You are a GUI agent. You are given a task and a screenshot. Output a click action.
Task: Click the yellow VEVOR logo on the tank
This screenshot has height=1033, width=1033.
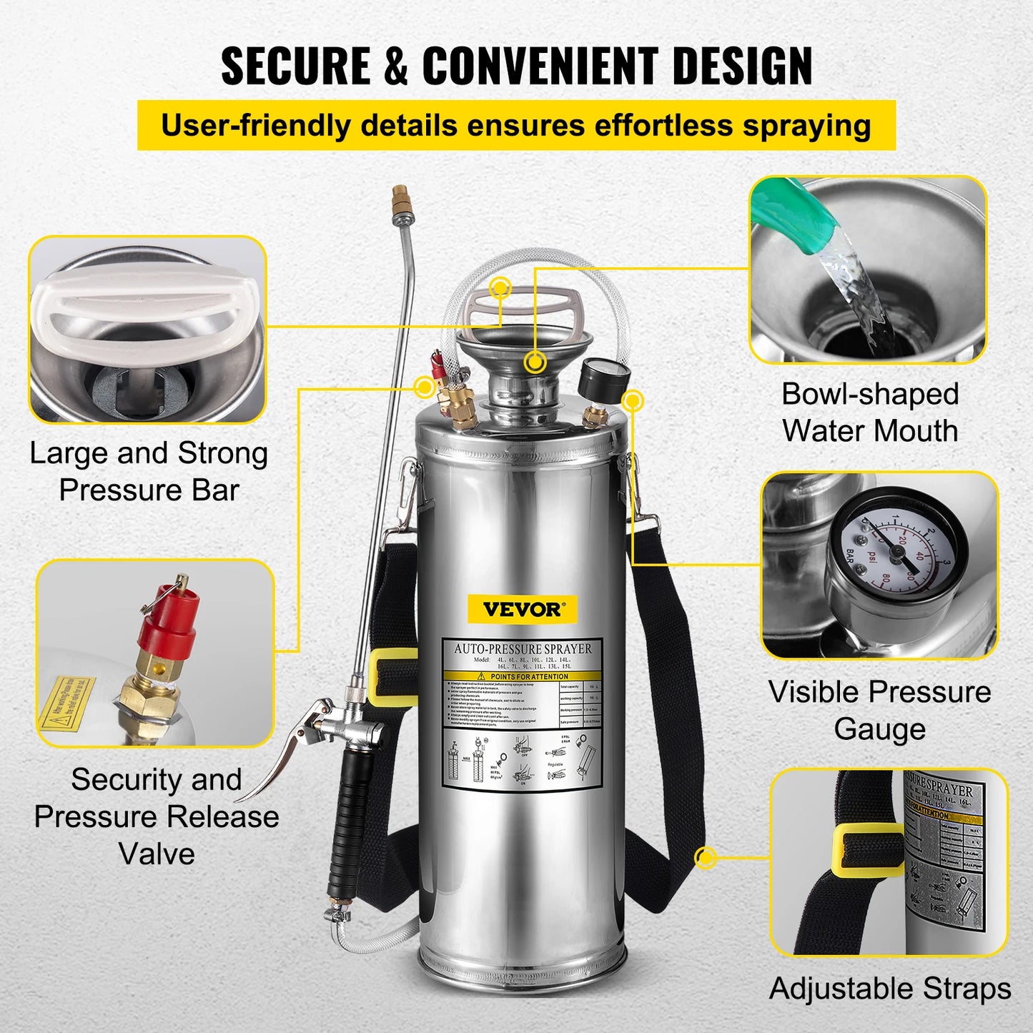523,609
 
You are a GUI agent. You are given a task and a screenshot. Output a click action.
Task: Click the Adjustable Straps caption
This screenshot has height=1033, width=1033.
889,989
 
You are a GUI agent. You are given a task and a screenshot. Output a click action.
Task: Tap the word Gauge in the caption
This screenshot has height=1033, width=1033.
879,729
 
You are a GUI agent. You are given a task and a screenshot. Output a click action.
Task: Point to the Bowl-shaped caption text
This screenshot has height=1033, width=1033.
869,394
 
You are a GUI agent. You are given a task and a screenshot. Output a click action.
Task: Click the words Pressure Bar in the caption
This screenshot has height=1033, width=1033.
149,490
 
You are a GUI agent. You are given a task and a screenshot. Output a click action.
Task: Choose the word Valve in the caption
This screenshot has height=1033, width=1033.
157,854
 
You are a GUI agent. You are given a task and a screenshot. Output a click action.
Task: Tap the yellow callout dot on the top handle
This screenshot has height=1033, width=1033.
500,287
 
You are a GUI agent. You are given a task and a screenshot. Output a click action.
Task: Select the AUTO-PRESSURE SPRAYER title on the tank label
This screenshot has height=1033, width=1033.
523,649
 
